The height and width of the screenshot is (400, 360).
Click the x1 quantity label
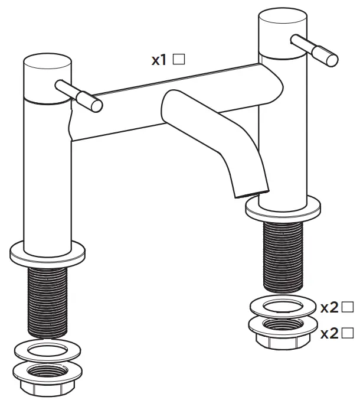click(159, 60)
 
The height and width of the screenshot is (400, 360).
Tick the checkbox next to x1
click(179, 59)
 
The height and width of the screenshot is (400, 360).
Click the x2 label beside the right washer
click(329, 307)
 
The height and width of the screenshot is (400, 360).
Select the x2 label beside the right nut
click(329, 333)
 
